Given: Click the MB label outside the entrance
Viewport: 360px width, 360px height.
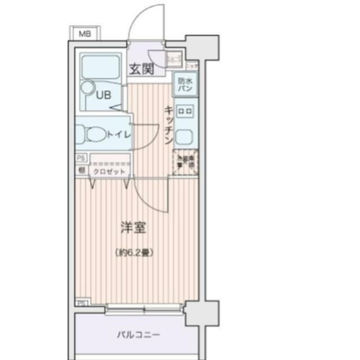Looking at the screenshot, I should [x=84, y=34].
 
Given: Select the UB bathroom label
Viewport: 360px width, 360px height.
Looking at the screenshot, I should [x=103, y=94].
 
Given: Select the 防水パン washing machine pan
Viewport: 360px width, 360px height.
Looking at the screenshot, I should [x=184, y=84].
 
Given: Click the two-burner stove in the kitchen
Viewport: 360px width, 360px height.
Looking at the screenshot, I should [x=185, y=111].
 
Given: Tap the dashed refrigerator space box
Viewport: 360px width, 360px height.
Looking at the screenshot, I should [x=184, y=163].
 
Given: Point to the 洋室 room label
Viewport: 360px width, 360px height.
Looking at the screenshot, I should [x=134, y=228].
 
